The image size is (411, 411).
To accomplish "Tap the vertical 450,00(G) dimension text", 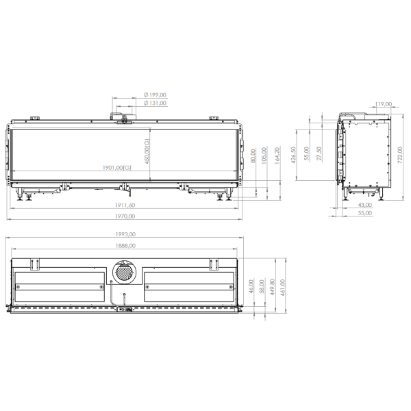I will coord(146,151).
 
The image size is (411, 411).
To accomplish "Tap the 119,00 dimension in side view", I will coord(384,105).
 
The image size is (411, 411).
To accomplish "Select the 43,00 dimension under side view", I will coord(365,205).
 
